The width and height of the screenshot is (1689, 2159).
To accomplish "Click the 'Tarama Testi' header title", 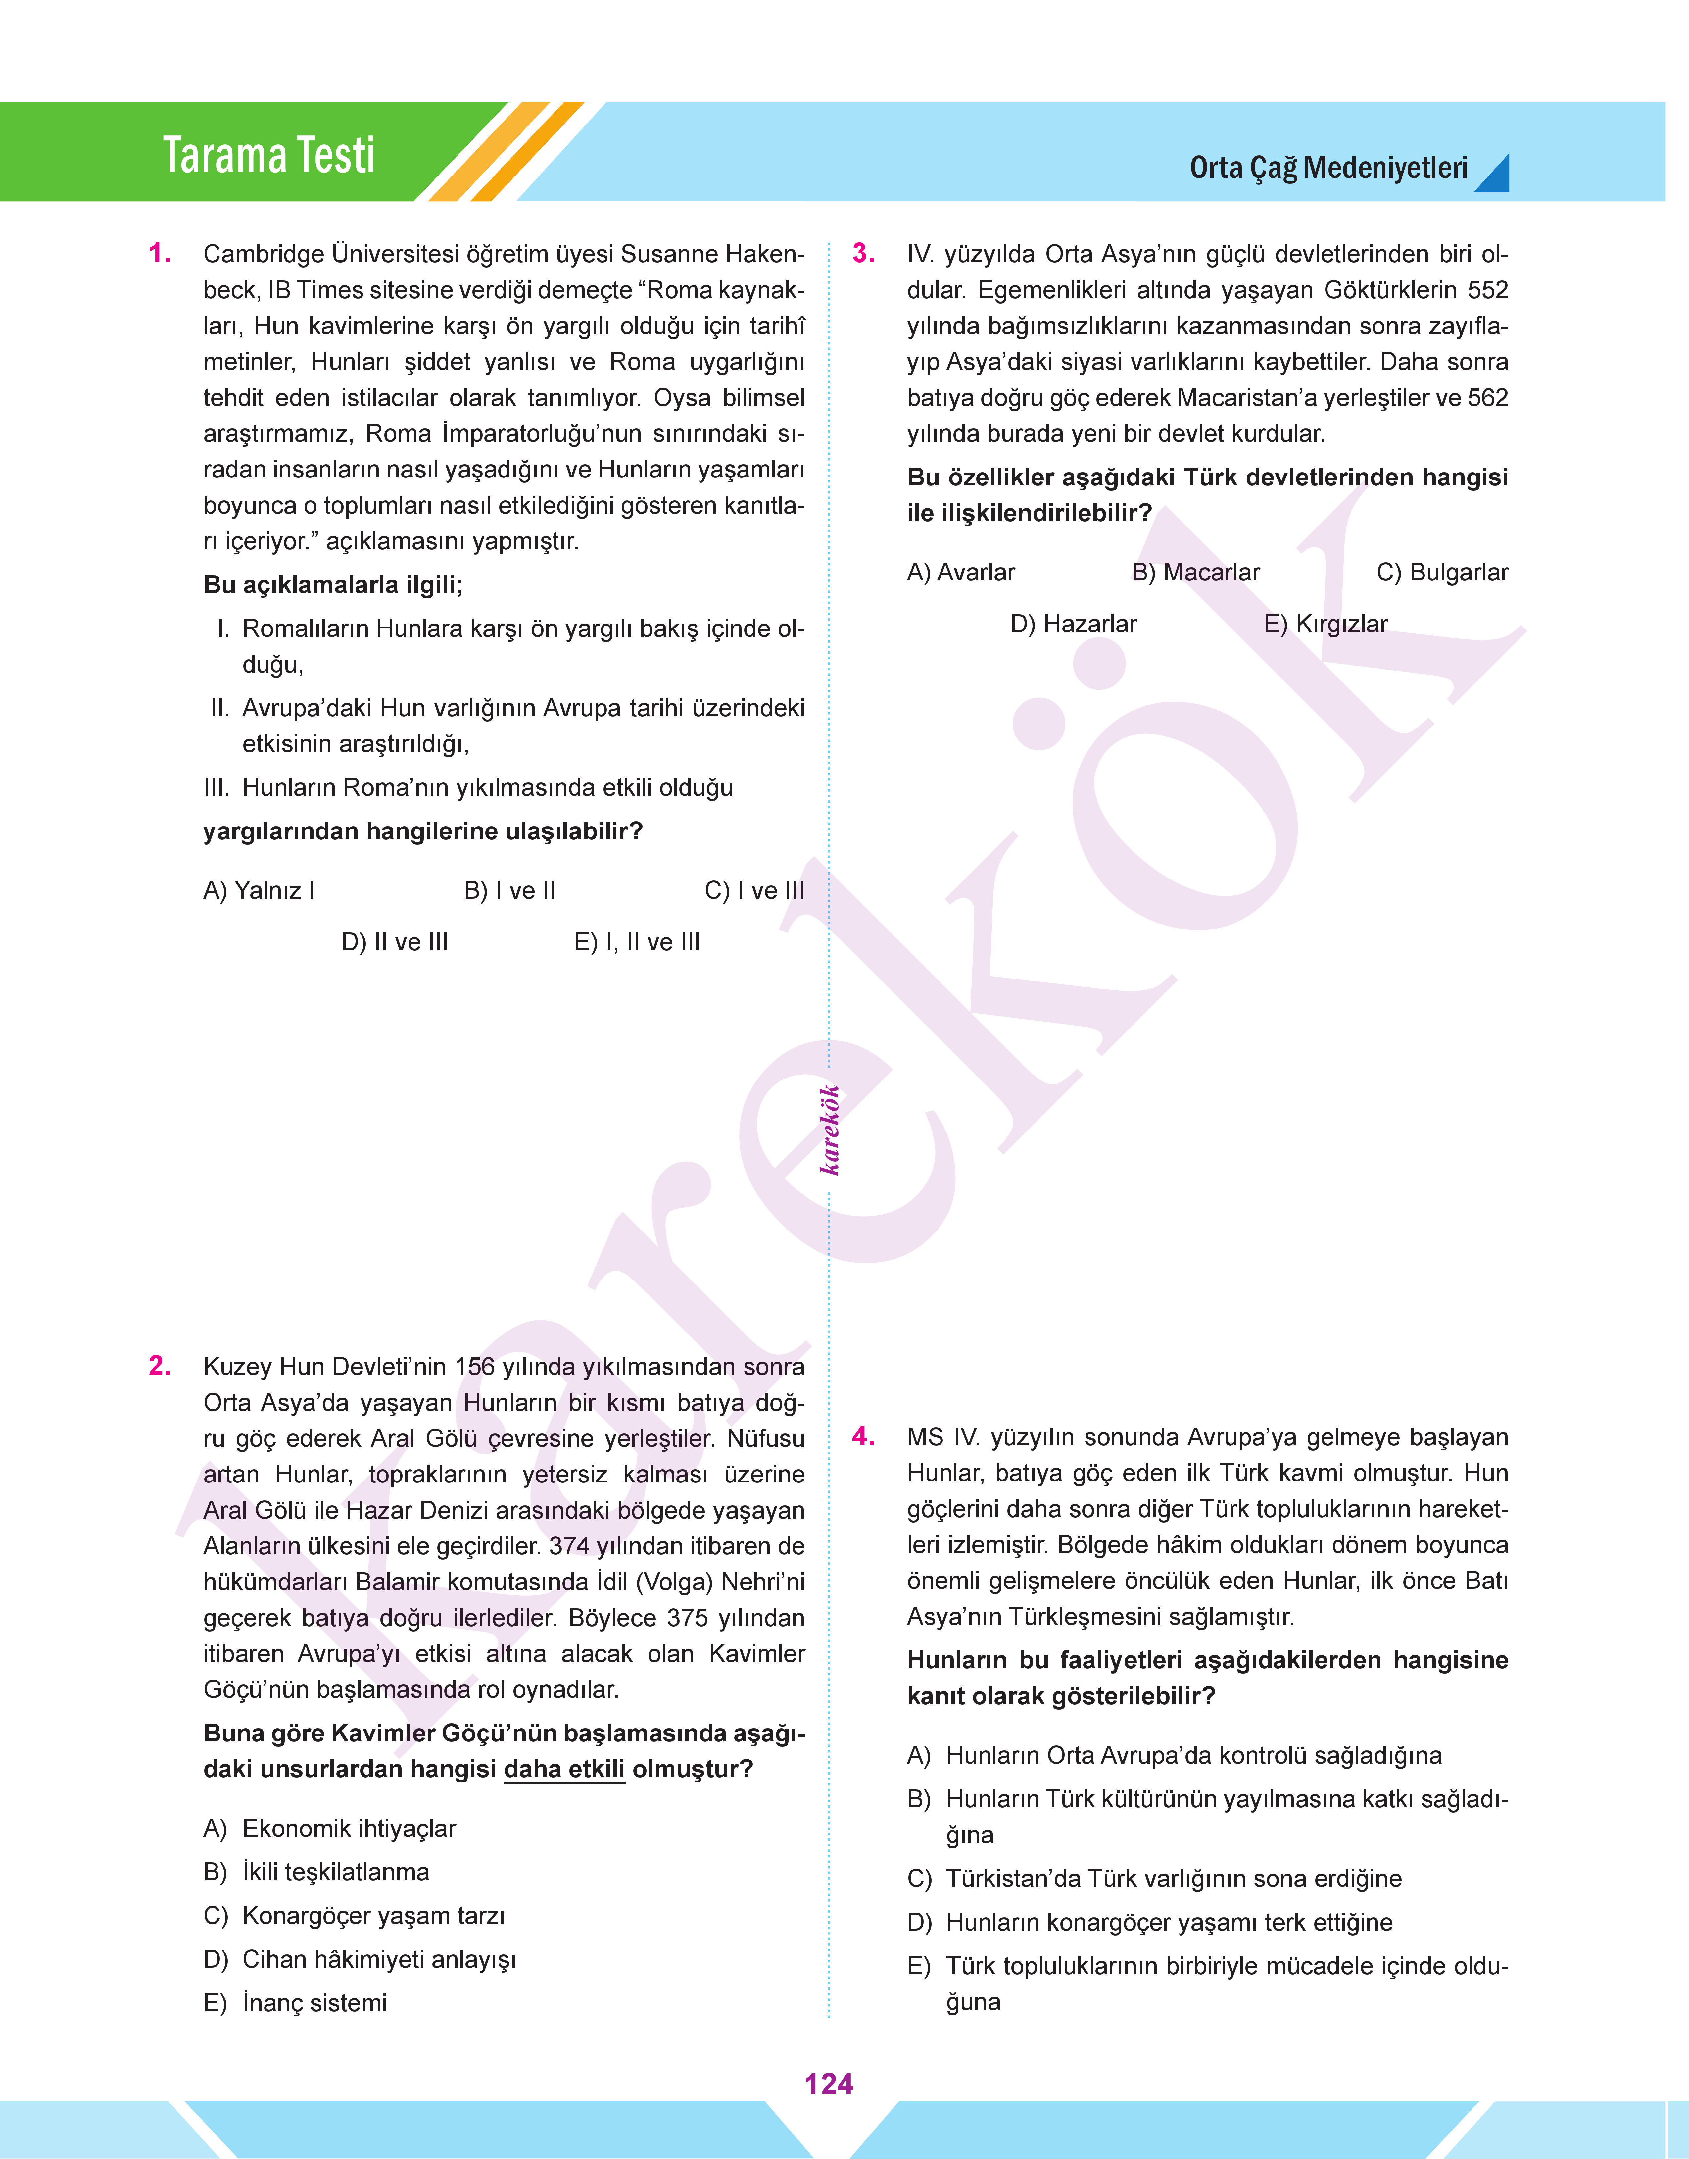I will click(269, 155).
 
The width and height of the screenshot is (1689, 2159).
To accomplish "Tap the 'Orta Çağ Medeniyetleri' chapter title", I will click(1328, 168).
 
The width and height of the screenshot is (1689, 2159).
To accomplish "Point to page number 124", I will click(829, 2084).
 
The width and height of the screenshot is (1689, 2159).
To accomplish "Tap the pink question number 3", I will click(863, 254).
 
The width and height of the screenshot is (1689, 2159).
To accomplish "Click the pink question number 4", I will click(863, 1437).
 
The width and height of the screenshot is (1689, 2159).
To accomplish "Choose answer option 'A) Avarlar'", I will click(960, 573).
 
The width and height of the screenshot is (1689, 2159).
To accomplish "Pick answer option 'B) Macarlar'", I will click(1195, 573).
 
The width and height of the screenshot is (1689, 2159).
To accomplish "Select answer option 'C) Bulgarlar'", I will click(1442, 573).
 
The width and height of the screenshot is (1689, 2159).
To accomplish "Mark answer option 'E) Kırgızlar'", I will click(1325, 624).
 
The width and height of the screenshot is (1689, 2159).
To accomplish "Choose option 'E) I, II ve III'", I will click(637, 942).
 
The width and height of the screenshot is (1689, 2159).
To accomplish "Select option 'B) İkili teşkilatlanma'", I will click(316, 1872).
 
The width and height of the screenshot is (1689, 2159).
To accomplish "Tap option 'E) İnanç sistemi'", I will click(295, 2003).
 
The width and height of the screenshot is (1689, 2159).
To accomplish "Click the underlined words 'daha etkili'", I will click(565, 1769).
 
